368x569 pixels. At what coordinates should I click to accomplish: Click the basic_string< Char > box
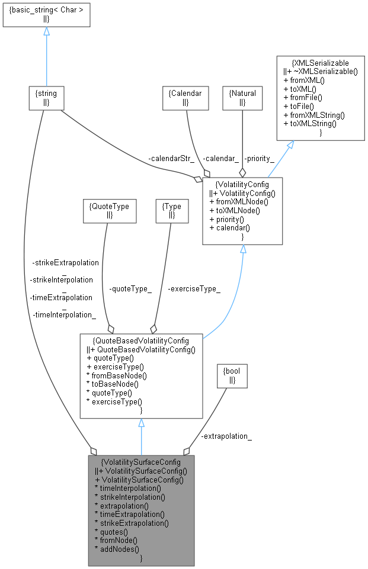pos(46,14)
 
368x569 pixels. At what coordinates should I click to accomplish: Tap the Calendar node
pos(185,98)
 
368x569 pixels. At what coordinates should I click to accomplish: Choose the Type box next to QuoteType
pos(171,211)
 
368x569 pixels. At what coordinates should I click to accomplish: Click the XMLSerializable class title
pos(321,62)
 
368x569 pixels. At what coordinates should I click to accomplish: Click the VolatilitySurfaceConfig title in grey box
pos(141,461)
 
